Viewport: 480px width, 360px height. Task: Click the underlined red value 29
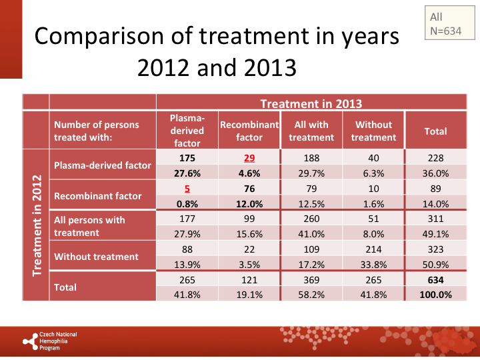[249, 159]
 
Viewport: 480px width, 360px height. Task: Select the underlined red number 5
[187, 189]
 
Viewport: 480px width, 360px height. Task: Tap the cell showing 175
[187, 159]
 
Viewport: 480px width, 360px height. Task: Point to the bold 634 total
[436, 279]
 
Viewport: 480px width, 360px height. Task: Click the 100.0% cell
[436, 294]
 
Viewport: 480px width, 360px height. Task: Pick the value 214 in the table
[373, 249]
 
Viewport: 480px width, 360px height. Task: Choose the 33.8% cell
[373, 264]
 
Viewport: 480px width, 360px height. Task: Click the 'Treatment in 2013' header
[311, 103]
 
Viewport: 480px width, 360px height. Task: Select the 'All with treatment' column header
[311, 131]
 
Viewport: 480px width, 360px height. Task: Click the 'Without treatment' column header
[373, 131]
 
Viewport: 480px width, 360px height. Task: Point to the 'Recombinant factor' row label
[97, 196]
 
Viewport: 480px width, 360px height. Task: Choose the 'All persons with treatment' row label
[89, 226]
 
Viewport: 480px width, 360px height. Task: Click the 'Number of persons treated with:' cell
[97, 131]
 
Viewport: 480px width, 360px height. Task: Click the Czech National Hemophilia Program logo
[50, 341]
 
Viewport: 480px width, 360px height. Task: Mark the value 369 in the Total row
[311, 279]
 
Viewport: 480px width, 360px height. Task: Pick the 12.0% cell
[249, 204]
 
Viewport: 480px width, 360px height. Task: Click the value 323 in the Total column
[436, 249]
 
